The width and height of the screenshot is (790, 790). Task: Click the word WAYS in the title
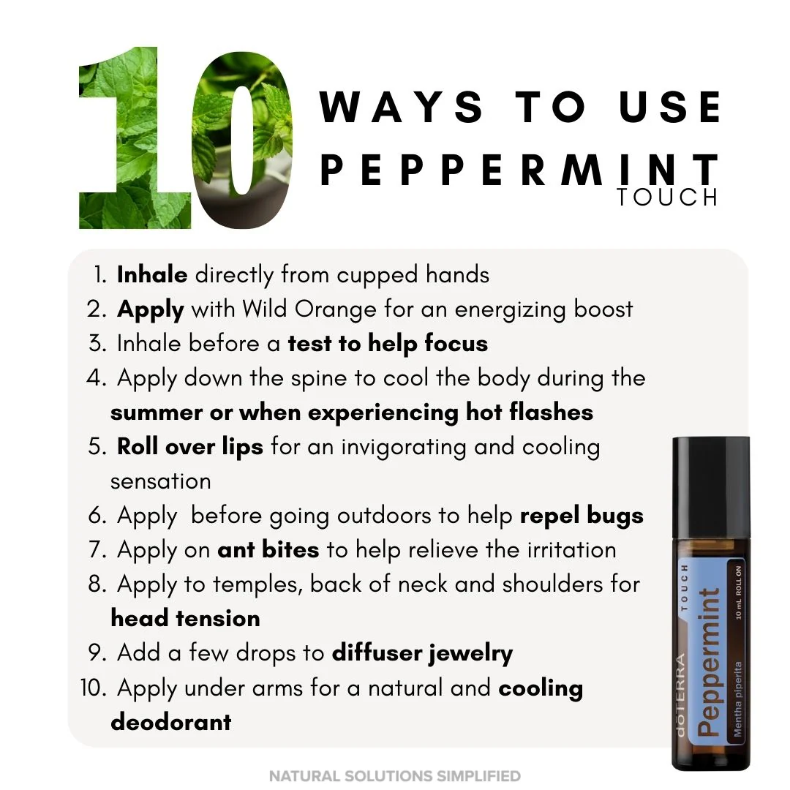(x=402, y=107)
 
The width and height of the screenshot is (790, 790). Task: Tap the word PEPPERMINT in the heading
(x=519, y=170)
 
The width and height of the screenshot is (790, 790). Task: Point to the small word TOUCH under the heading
(x=668, y=197)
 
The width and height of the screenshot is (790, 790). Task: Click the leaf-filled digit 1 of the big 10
(x=135, y=138)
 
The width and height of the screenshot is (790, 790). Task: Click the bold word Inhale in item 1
(x=152, y=274)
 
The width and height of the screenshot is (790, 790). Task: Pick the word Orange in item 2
(x=335, y=309)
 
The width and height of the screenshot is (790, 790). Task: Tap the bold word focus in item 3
(x=456, y=343)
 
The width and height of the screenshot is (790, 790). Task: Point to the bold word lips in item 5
(x=242, y=447)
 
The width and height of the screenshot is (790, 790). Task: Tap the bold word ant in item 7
(x=236, y=549)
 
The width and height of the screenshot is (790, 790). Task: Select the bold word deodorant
(x=170, y=721)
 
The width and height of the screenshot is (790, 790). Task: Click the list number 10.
(x=93, y=688)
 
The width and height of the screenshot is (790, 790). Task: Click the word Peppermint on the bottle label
(x=709, y=661)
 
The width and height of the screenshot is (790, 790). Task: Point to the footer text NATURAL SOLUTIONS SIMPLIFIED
(x=395, y=775)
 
